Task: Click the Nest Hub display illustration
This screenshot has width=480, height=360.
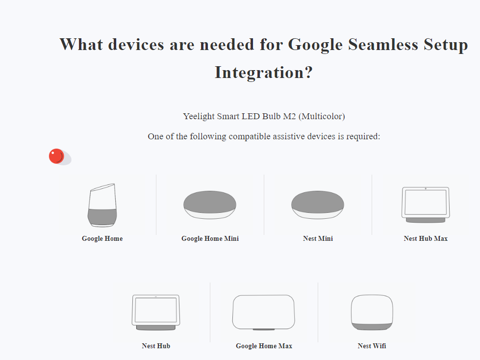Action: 156,312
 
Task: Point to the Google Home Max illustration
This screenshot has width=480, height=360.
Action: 264,312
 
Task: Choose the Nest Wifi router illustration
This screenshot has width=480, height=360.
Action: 372,312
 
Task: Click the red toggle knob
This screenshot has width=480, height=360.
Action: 56,156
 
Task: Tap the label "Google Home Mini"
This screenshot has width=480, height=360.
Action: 210,239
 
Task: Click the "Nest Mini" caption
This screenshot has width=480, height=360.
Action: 318,239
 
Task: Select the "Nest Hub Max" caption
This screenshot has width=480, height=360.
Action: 426,239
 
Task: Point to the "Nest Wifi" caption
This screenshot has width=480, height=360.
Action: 372,346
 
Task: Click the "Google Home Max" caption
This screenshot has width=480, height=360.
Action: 264,346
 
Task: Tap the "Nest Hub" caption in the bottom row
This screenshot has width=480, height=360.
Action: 156,346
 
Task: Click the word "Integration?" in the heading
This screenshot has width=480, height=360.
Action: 264,73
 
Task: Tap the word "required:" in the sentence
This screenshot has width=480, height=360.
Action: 363,136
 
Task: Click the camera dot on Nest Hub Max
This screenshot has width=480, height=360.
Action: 426,189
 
